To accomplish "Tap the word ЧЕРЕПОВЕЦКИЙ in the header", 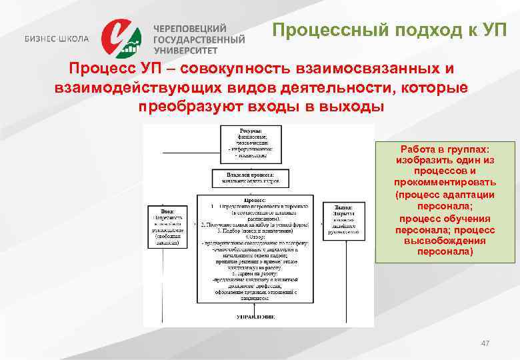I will point(190,29).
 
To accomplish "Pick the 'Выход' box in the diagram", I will point(343,220).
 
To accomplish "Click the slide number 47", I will point(485,343).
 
